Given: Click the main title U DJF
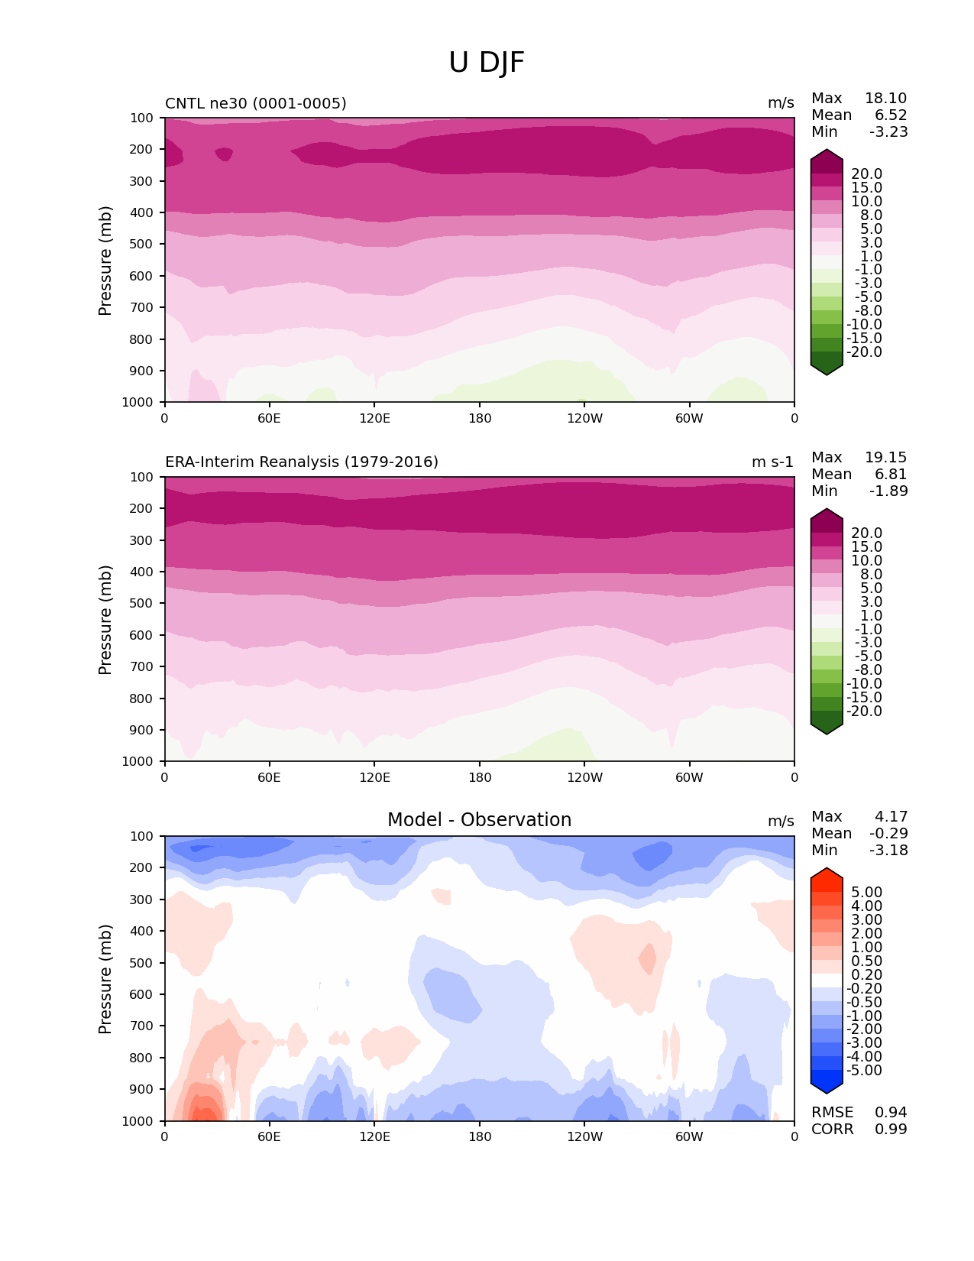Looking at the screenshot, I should pyautogui.click(x=487, y=63).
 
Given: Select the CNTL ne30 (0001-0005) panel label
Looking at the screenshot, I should pyautogui.click(x=255, y=103).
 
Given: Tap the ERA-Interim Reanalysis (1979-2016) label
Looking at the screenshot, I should pyautogui.click(x=302, y=462).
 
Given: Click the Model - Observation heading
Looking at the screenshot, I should pyautogui.click(x=479, y=820).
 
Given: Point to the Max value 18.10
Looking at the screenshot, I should pyautogui.click(x=885, y=99).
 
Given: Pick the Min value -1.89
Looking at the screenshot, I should pyautogui.click(x=888, y=491).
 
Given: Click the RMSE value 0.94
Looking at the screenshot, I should pyautogui.click(x=891, y=1113).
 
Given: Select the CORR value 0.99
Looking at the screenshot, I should pyautogui.click(x=891, y=1130).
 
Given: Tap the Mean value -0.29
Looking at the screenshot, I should pyautogui.click(x=888, y=834).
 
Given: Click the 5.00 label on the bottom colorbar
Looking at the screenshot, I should pyautogui.click(x=866, y=893).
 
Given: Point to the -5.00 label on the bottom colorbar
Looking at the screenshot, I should pyautogui.click(x=864, y=1071).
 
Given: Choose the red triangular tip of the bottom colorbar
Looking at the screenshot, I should pyautogui.click(x=827, y=874).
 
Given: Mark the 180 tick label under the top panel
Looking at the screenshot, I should pyautogui.click(x=480, y=419).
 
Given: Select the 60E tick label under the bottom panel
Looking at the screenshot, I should pyautogui.click(x=269, y=1137).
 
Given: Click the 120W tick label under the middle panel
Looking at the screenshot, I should pyautogui.click(x=584, y=778).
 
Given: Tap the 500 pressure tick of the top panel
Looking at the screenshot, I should pyautogui.click(x=143, y=245).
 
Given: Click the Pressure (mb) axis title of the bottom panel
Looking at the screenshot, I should pyautogui.click(x=105, y=979).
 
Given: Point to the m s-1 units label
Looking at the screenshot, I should pyautogui.click(x=772, y=462).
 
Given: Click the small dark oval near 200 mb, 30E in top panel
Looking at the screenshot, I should pyautogui.click(x=223, y=154).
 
